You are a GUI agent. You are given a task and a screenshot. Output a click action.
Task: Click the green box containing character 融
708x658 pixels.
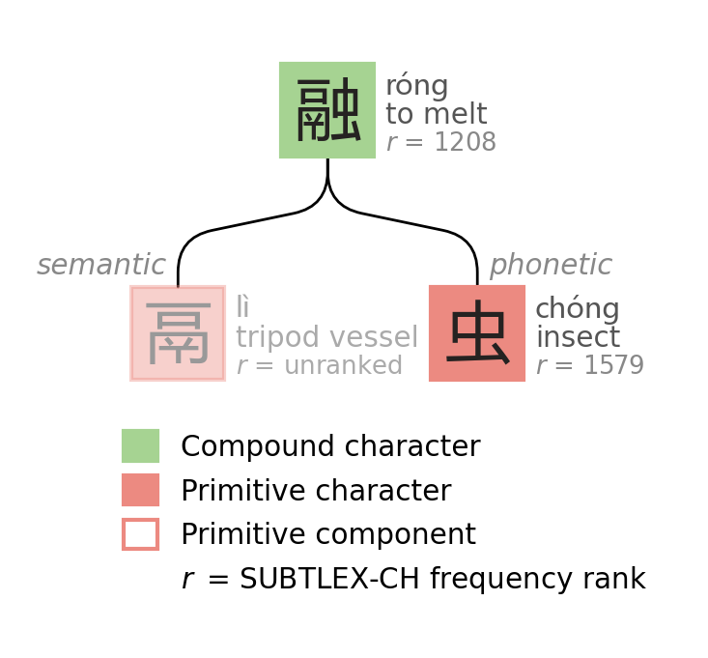(x=327, y=110)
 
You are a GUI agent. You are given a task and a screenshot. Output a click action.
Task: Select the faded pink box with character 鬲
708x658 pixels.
(x=178, y=333)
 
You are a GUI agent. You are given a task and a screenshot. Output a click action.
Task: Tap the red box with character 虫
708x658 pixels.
(x=477, y=333)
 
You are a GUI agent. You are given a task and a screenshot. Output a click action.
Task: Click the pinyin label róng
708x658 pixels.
(x=416, y=87)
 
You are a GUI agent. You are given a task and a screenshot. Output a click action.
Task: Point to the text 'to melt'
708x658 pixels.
(x=436, y=115)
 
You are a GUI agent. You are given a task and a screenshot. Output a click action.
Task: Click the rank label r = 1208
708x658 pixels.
(x=440, y=143)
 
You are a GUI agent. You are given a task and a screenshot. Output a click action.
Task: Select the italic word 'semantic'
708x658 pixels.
(x=101, y=266)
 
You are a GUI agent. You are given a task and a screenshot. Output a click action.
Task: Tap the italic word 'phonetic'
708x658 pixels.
(x=551, y=266)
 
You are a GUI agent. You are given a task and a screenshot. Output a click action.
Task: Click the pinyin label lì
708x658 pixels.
(x=242, y=308)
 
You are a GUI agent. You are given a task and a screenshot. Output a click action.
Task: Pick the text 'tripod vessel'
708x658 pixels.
(x=326, y=337)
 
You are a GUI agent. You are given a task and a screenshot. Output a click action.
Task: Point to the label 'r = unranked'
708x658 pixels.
(x=319, y=366)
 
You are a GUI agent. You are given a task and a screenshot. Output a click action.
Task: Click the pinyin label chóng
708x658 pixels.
(x=577, y=310)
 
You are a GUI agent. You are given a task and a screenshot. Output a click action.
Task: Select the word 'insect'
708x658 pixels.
(x=578, y=338)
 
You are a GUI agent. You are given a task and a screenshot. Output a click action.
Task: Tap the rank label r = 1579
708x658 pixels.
(x=589, y=366)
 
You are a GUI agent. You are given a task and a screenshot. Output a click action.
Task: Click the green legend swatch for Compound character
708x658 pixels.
(x=140, y=445)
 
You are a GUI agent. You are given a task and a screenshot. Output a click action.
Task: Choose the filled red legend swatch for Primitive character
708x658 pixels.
(x=140, y=490)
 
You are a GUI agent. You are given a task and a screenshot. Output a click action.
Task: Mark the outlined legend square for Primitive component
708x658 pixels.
(x=140, y=534)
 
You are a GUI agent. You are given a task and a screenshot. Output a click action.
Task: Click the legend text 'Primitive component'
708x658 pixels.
(x=327, y=535)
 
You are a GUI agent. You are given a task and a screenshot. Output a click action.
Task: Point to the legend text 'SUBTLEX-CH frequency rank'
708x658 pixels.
(x=442, y=580)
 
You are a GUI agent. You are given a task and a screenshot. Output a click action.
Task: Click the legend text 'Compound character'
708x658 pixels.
(x=330, y=447)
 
